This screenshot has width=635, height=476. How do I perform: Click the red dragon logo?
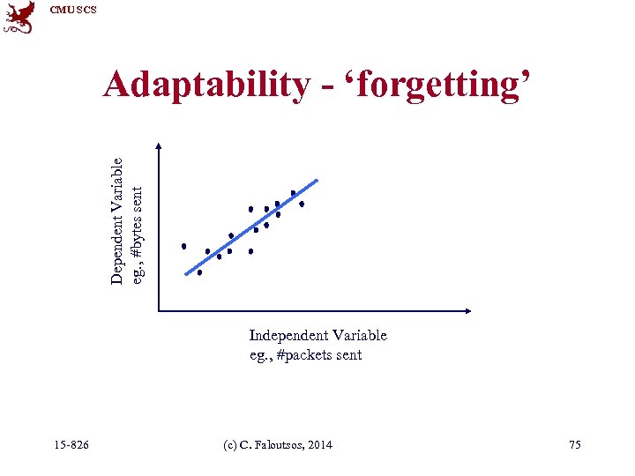19,17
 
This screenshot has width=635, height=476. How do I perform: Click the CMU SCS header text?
72,10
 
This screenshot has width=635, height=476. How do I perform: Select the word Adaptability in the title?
205,85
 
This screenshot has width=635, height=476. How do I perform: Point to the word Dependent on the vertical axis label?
117,246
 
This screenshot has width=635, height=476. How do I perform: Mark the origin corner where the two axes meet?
159,310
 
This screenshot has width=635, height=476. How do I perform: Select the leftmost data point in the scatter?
184,246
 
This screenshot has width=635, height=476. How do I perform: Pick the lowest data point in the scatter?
199,272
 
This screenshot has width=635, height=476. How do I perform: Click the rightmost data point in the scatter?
302,204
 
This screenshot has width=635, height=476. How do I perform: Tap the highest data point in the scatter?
293,193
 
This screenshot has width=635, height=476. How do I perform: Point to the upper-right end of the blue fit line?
316,182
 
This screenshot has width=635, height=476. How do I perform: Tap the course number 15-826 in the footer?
71,445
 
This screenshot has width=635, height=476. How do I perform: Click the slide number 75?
574,445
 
